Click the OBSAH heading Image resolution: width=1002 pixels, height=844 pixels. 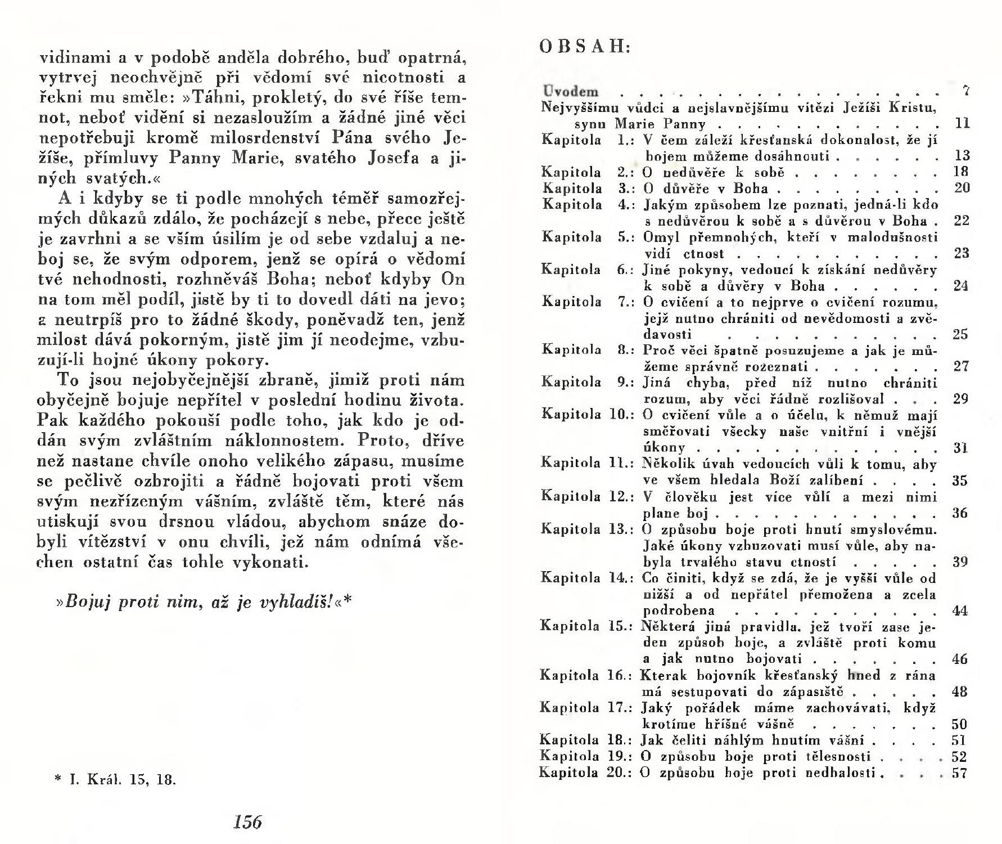click(585, 46)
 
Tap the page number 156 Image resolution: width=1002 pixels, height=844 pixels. click(247, 822)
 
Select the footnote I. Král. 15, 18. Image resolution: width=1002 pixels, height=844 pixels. click(115, 780)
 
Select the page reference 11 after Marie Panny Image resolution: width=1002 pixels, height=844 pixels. click(963, 123)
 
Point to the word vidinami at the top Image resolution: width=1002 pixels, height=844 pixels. click(69, 57)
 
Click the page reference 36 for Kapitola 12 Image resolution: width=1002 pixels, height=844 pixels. click(960, 513)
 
